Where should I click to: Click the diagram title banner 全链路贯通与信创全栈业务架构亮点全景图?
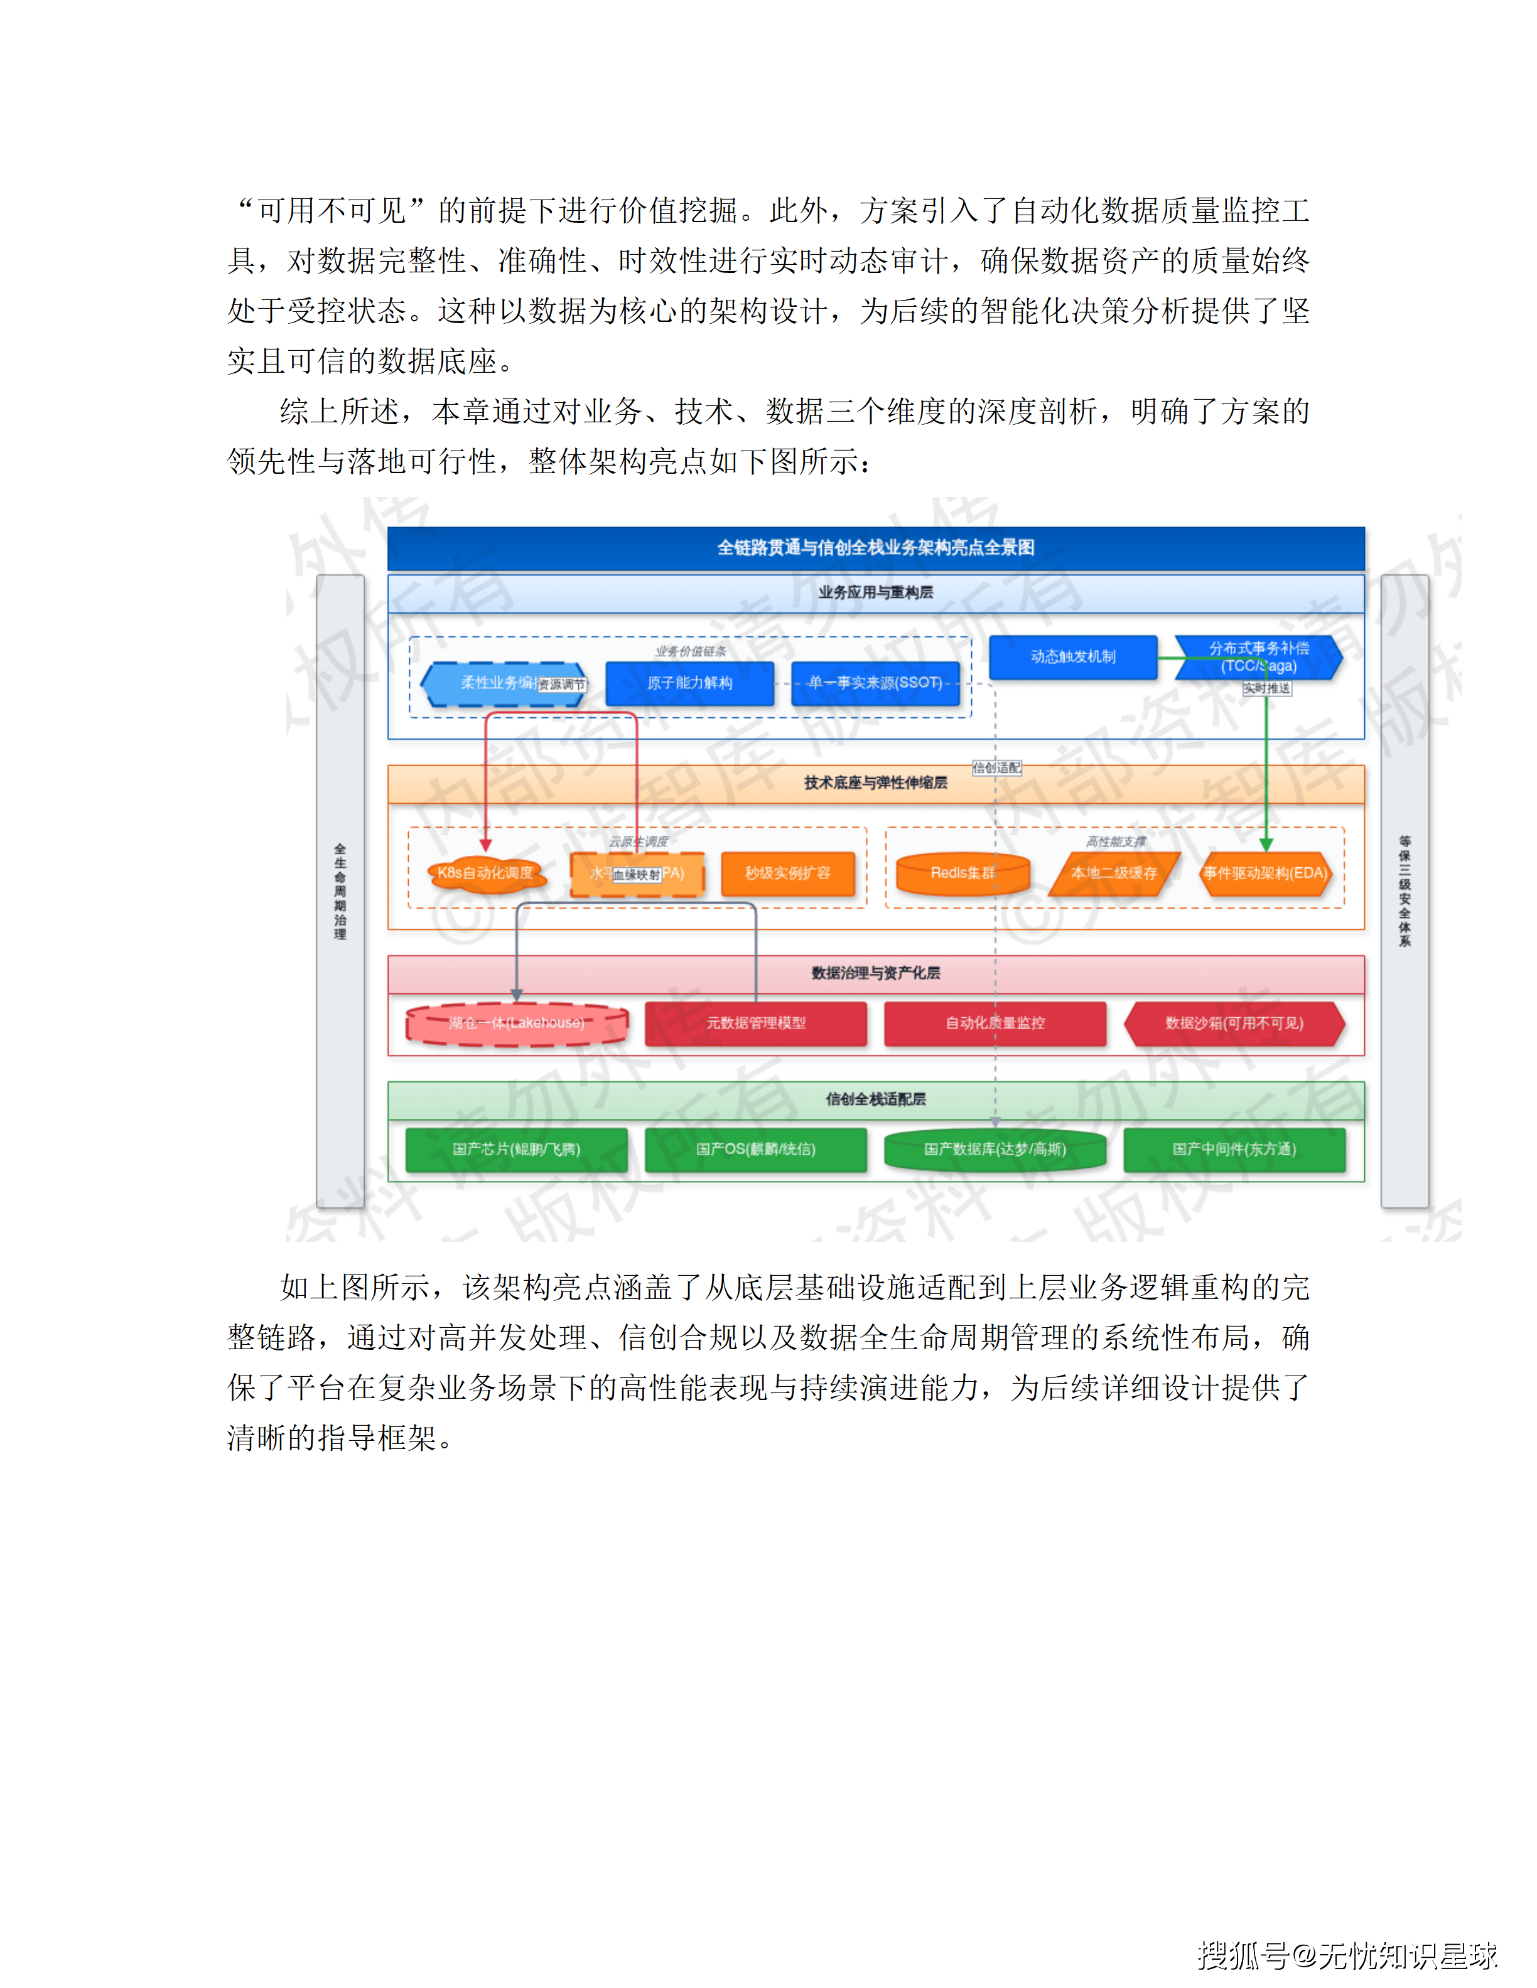point(875,547)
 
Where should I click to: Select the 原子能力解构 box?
point(689,683)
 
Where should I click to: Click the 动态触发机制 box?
point(1072,656)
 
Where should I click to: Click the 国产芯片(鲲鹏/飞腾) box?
point(516,1150)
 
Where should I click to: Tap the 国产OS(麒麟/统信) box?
point(756,1150)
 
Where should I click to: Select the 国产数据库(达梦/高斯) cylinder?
point(995,1150)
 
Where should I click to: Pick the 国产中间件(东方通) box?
point(1234,1150)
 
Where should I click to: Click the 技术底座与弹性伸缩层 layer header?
point(875,783)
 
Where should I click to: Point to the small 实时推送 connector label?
point(1266,689)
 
